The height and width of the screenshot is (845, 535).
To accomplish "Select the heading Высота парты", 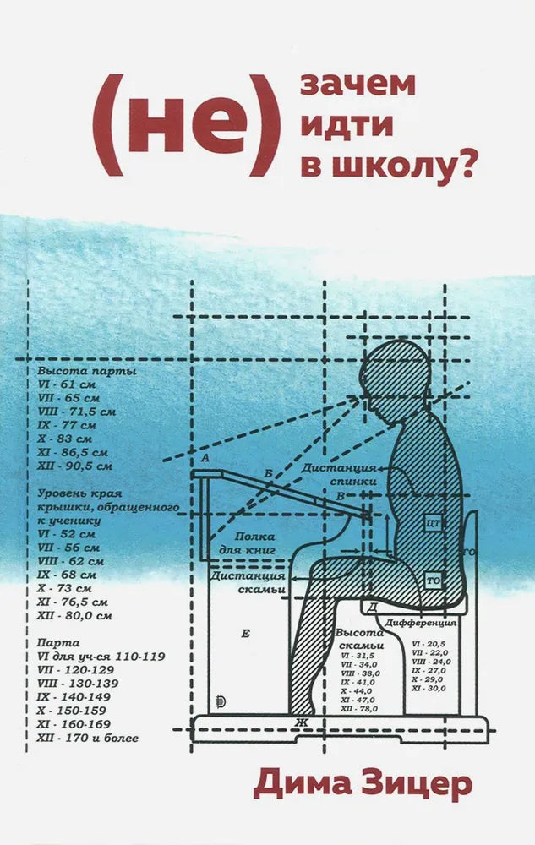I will point(87,371).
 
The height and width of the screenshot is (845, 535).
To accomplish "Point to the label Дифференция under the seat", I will point(421,622).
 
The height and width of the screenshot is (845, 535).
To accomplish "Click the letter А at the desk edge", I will point(204,457).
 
